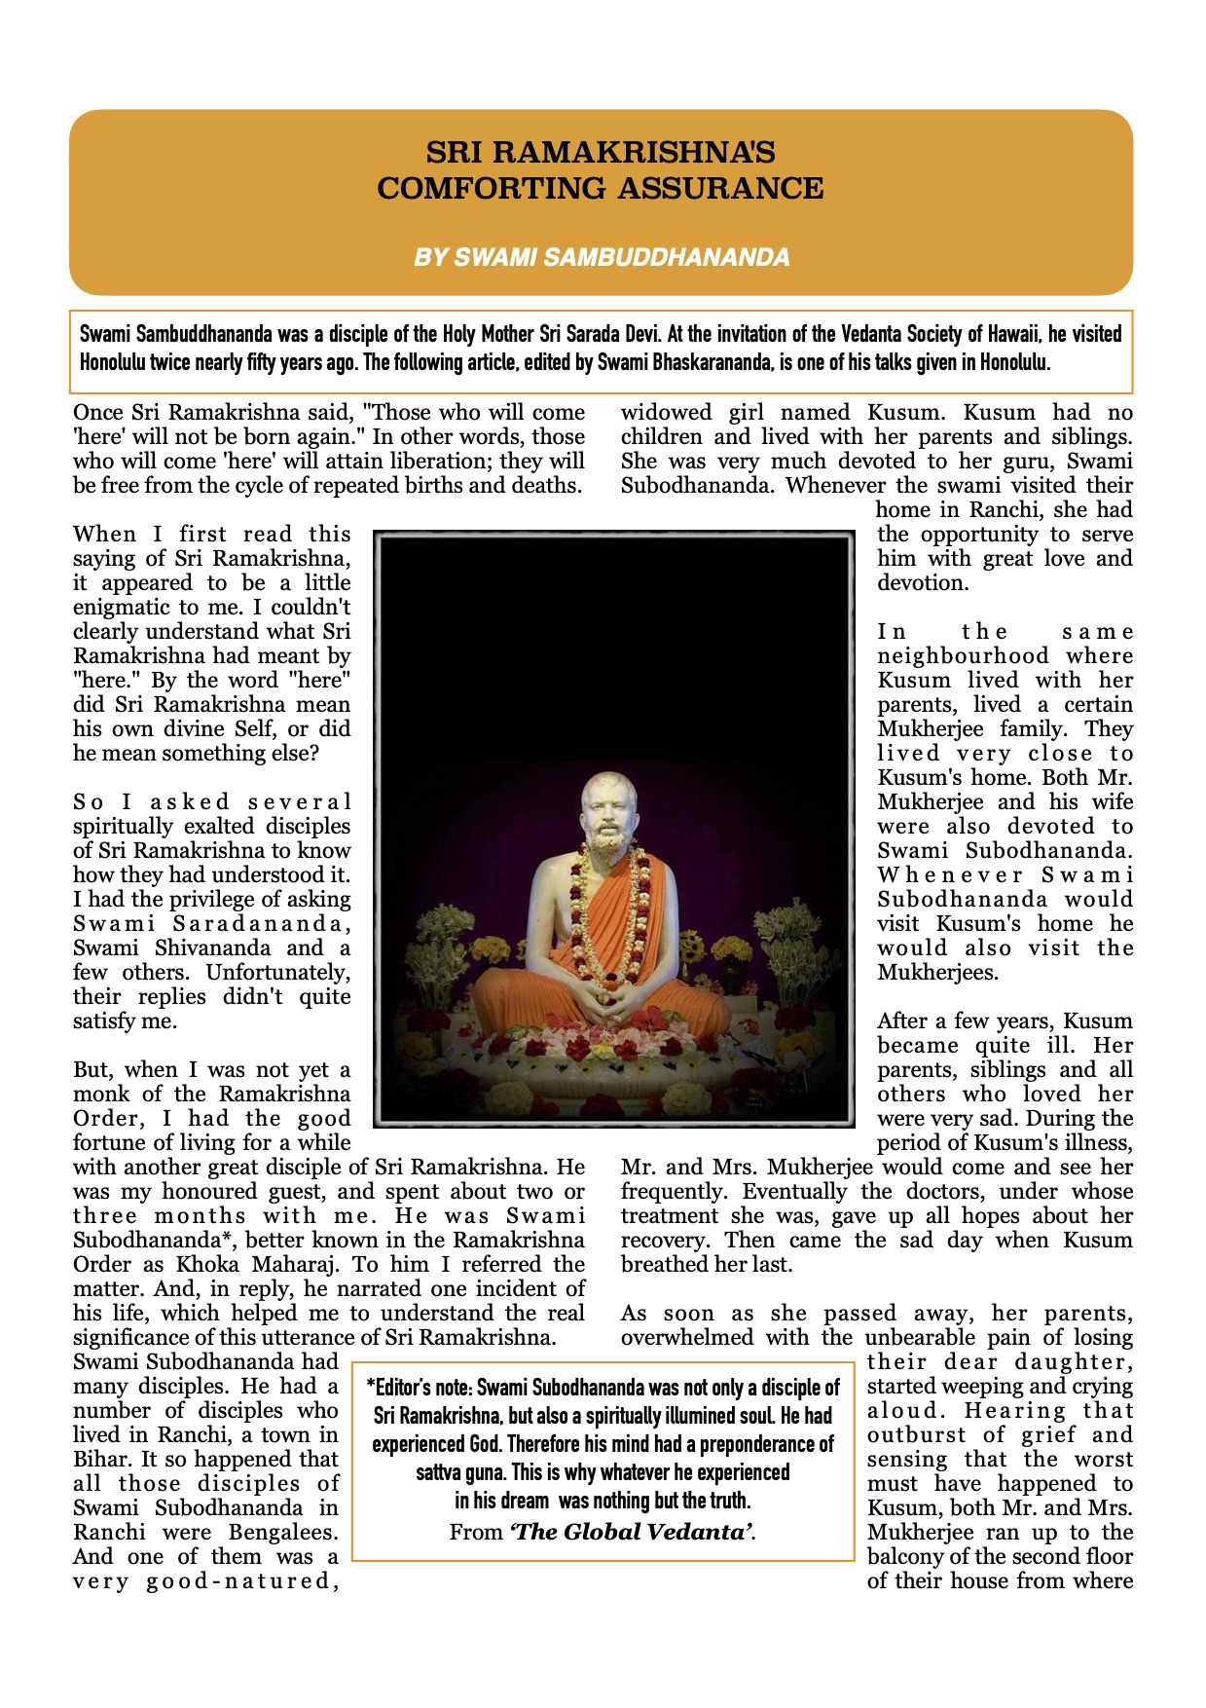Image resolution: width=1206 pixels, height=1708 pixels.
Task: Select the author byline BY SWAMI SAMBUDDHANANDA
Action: (602, 257)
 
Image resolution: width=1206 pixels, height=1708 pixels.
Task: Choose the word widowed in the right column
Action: (663, 413)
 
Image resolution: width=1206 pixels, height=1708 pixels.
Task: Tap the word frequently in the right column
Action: (672, 1192)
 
